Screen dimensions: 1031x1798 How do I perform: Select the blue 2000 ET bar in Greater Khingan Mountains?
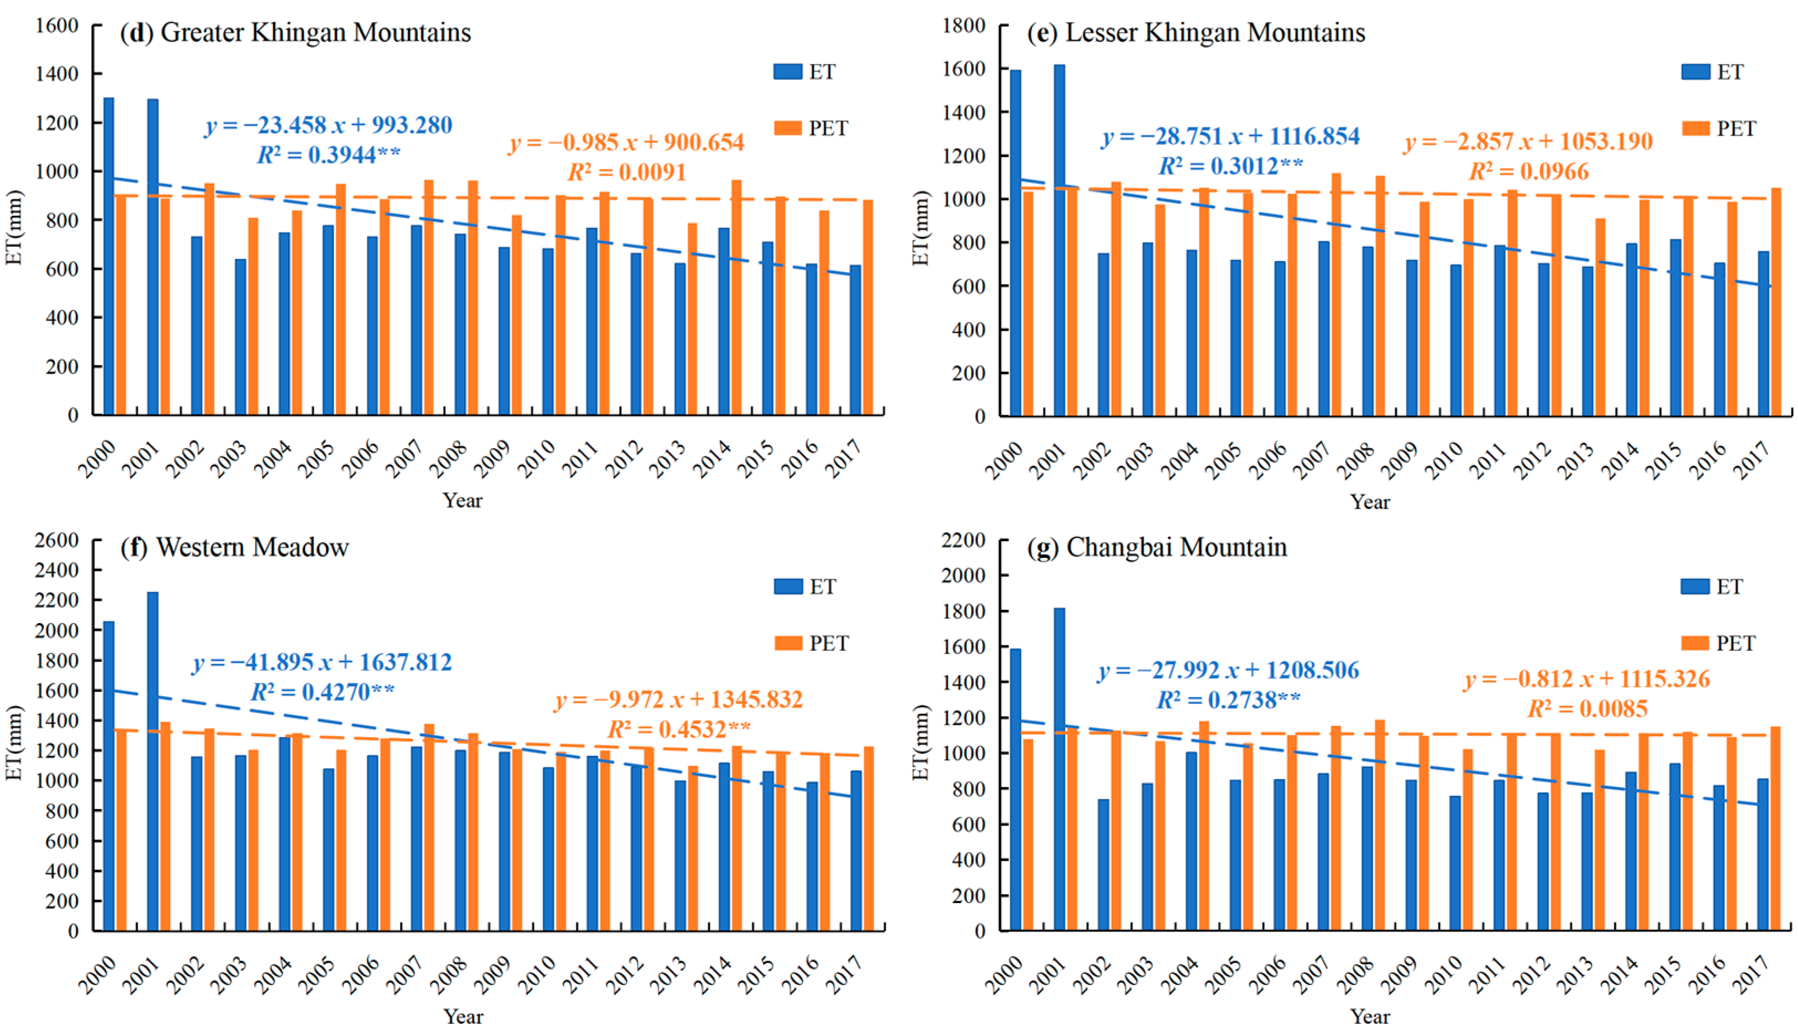(108, 255)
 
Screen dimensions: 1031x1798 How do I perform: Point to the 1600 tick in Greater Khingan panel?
(56, 25)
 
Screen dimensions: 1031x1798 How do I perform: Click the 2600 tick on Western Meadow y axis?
(56, 540)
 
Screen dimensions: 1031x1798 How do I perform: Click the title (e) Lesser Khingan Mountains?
(1196, 33)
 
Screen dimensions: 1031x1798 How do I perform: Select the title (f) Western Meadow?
(235, 547)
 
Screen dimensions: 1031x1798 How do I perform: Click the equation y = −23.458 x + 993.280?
(329, 125)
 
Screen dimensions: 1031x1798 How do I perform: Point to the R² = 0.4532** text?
(678, 729)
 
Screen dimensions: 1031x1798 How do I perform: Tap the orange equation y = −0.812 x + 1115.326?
(1587, 679)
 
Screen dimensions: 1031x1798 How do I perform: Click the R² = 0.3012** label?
(1230, 165)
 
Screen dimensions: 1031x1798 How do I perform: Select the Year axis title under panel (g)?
(1370, 1016)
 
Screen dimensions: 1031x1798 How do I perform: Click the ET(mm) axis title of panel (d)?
(14, 226)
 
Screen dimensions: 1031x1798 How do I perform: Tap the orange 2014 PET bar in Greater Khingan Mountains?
(736, 297)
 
